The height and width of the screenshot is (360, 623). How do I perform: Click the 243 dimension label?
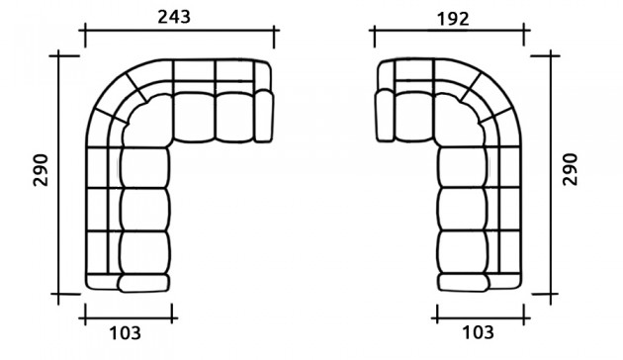pos(174,17)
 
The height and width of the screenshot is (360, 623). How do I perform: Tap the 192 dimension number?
pos(453,19)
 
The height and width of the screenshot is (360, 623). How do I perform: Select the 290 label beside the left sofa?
pos(41,170)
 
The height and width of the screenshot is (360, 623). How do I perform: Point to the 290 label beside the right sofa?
pos(571,169)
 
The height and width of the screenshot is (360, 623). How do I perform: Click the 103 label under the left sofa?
pos(126,333)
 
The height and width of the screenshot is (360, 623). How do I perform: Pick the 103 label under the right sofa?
pos(478,332)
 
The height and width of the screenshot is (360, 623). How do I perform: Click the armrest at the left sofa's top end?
pos(263,116)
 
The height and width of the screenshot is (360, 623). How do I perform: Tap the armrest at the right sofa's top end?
pos(385,116)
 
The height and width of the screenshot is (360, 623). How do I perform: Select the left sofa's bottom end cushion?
pos(143,283)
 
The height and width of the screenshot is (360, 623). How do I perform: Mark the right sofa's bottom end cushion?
pos(463,283)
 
